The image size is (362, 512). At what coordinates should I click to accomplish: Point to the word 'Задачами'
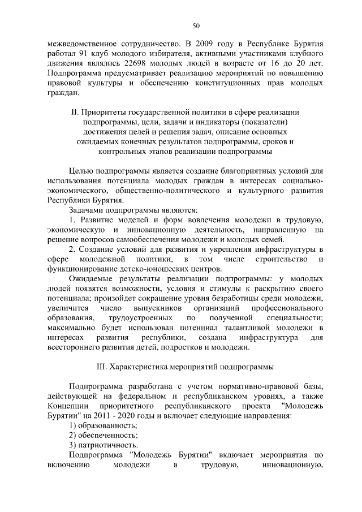click(x=87, y=209)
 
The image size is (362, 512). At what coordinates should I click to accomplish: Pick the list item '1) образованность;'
click(x=102, y=425)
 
